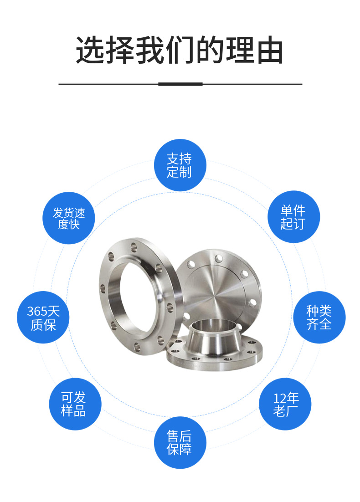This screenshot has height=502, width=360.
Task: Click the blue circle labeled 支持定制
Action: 180,165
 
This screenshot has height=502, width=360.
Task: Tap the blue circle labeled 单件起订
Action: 293,217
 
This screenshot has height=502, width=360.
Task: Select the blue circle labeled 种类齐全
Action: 319,317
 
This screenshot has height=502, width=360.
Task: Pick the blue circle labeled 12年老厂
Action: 285,404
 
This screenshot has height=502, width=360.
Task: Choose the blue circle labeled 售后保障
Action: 180,442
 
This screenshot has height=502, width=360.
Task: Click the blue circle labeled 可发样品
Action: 75,404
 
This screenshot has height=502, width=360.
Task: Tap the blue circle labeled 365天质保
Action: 43,317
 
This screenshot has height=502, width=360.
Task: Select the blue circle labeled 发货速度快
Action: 69,218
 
